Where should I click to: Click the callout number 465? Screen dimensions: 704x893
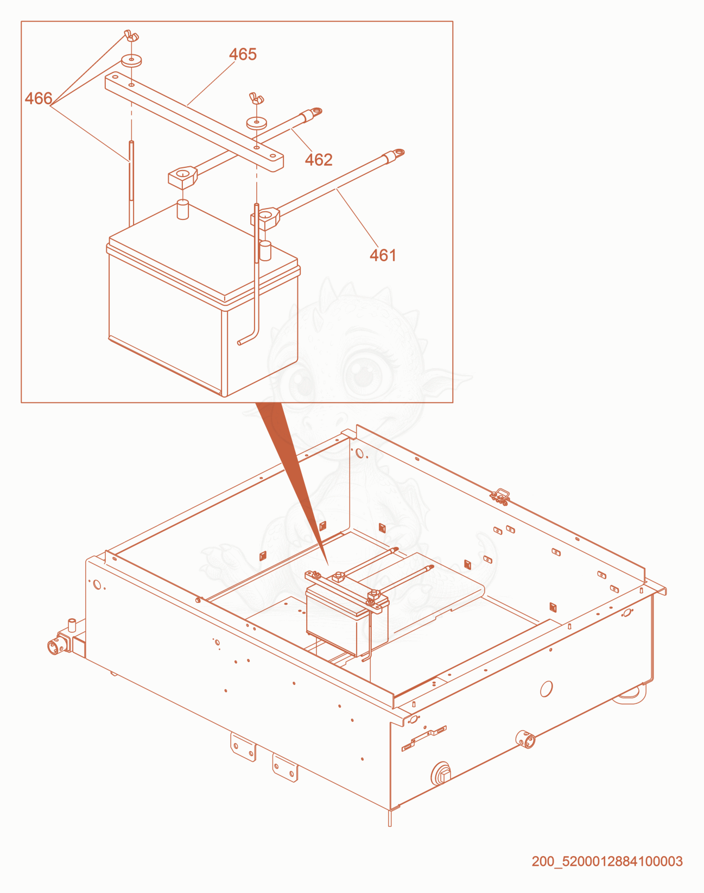(x=243, y=54)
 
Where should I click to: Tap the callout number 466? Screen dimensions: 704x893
(x=39, y=98)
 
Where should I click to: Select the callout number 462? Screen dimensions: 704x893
(x=319, y=160)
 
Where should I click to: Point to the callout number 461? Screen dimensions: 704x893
(x=383, y=255)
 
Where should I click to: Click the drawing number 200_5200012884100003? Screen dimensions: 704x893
(x=607, y=861)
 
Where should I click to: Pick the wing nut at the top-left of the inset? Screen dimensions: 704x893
(x=131, y=36)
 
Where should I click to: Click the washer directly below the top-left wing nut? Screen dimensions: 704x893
(x=131, y=61)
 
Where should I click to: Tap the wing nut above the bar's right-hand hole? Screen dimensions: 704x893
(x=257, y=99)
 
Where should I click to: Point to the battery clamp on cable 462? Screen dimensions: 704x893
(x=182, y=177)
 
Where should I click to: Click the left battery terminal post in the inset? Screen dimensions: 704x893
(x=183, y=210)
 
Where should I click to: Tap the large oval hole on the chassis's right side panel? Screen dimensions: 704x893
(x=547, y=689)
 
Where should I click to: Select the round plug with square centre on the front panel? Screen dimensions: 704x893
(x=441, y=773)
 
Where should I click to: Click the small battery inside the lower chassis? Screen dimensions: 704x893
(x=347, y=614)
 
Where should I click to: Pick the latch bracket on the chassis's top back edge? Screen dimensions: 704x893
(x=500, y=496)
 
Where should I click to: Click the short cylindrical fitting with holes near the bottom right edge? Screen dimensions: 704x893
(x=525, y=739)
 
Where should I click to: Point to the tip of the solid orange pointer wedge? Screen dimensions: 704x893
(x=328, y=565)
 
